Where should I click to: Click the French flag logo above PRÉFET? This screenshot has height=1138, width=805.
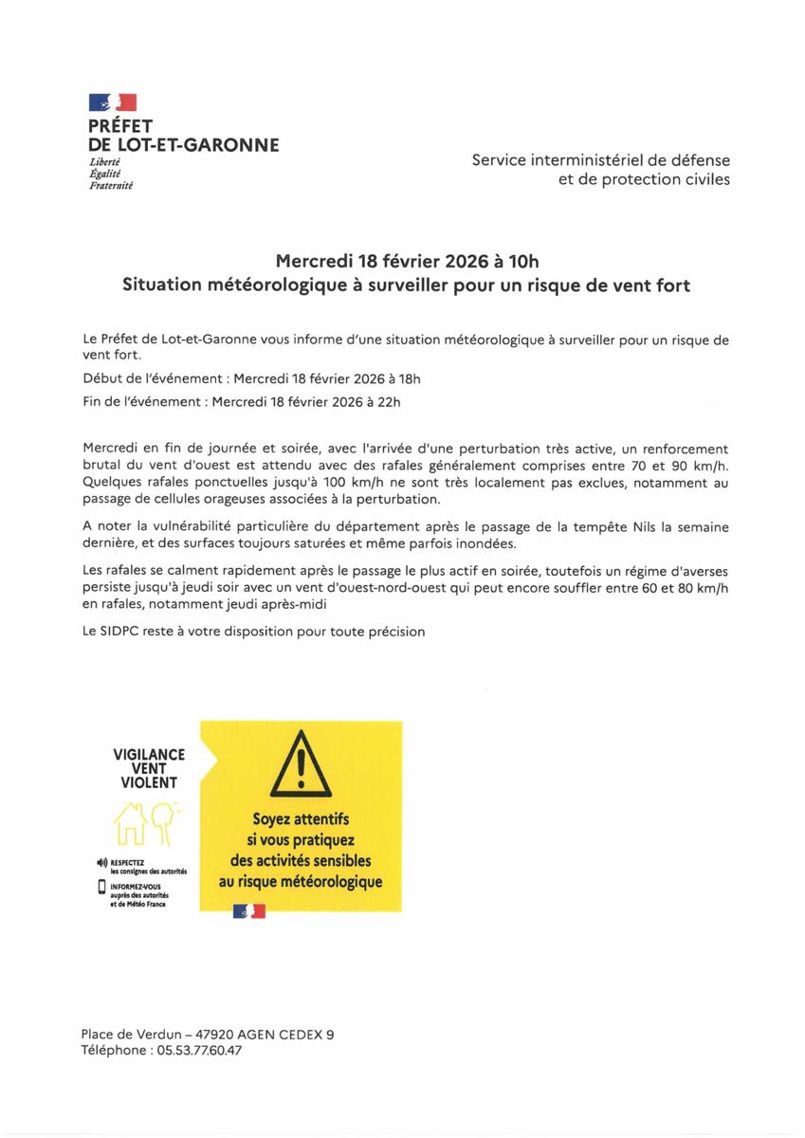pos(113,102)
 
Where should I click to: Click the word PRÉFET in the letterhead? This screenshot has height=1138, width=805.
pos(120,126)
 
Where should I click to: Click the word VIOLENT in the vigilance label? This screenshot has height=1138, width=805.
pos(149,783)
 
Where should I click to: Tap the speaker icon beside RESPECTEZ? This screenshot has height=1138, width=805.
pos(102,862)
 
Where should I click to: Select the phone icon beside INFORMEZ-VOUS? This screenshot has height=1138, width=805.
pos(102,888)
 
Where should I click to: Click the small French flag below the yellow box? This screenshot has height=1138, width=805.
pos(249,911)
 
